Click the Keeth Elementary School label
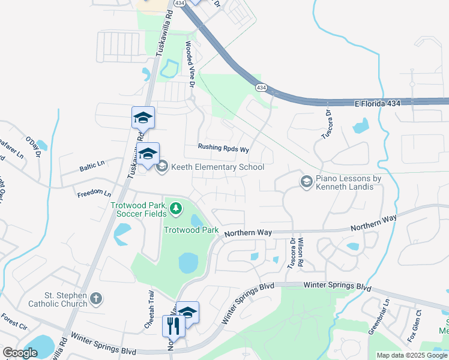pyautogui.click(x=217, y=167)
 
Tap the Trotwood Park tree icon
pyautogui.click(x=176, y=209)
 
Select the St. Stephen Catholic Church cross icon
pyautogui.click(x=96, y=298)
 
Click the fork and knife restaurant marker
pyautogui.click(x=172, y=326)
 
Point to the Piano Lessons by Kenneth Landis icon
pyautogui.click(x=306, y=181)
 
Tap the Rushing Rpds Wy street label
pyautogui.click(x=223, y=148)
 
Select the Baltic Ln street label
pyautogui.click(x=91, y=164)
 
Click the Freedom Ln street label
pyautogui.click(x=94, y=194)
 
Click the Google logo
pyautogui.click(x=20, y=353)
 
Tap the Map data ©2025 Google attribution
pyautogui.click(x=412, y=355)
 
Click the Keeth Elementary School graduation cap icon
pyautogui.click(x=161, y=167)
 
